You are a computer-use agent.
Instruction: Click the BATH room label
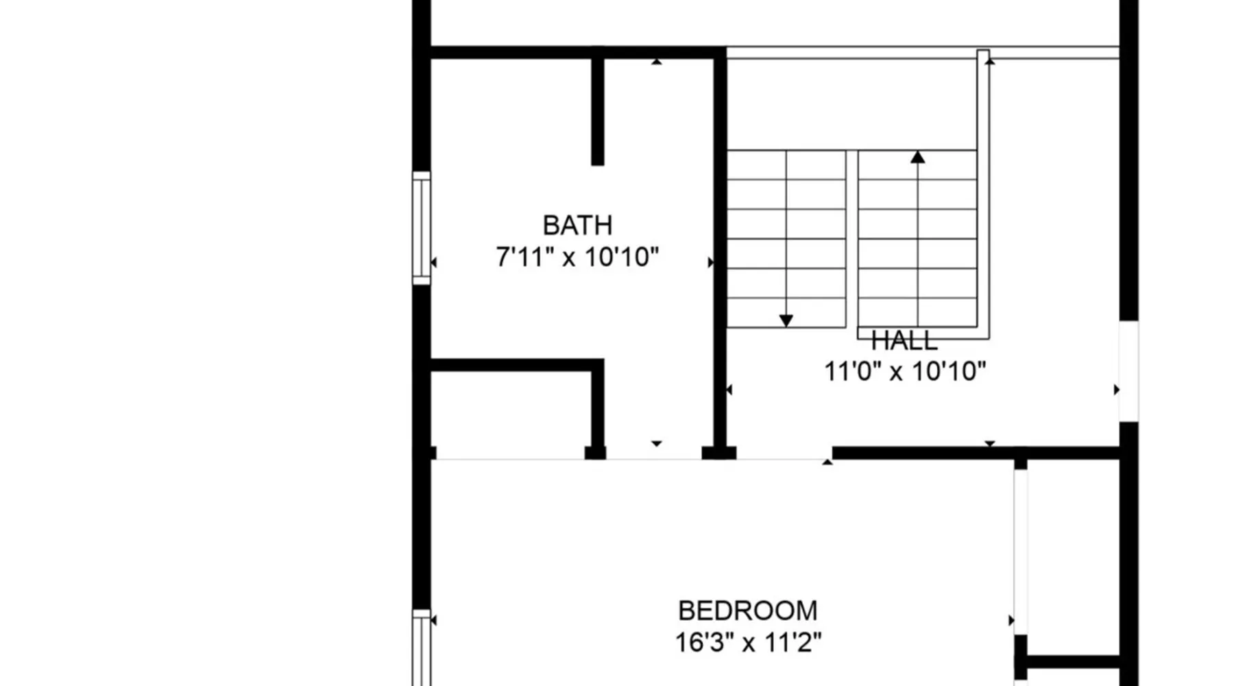(577, 225)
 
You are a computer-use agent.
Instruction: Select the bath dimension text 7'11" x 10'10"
(577, 257)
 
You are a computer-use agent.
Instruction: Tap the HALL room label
(904, 340)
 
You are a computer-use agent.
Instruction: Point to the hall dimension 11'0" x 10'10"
(905, 371)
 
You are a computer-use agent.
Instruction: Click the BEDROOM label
(748, 611)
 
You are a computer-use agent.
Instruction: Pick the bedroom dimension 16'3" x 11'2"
(748, 643)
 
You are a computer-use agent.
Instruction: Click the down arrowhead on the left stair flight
(786, 320)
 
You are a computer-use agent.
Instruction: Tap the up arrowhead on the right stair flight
(918, 157)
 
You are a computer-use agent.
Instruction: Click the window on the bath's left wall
(422, 228)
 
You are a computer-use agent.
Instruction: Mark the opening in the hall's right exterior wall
(1128, 371)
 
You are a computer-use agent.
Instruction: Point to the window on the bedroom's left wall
(422, 648)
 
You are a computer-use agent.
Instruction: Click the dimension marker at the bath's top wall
(657, 62)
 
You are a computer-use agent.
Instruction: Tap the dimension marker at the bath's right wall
(710, 262)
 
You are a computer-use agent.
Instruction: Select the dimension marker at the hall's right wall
(1116, 390)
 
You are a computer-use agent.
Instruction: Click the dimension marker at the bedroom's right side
(1011, 620)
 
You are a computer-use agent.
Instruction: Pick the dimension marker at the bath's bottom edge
(657, 444)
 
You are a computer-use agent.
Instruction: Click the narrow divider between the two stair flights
(851, 239)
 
